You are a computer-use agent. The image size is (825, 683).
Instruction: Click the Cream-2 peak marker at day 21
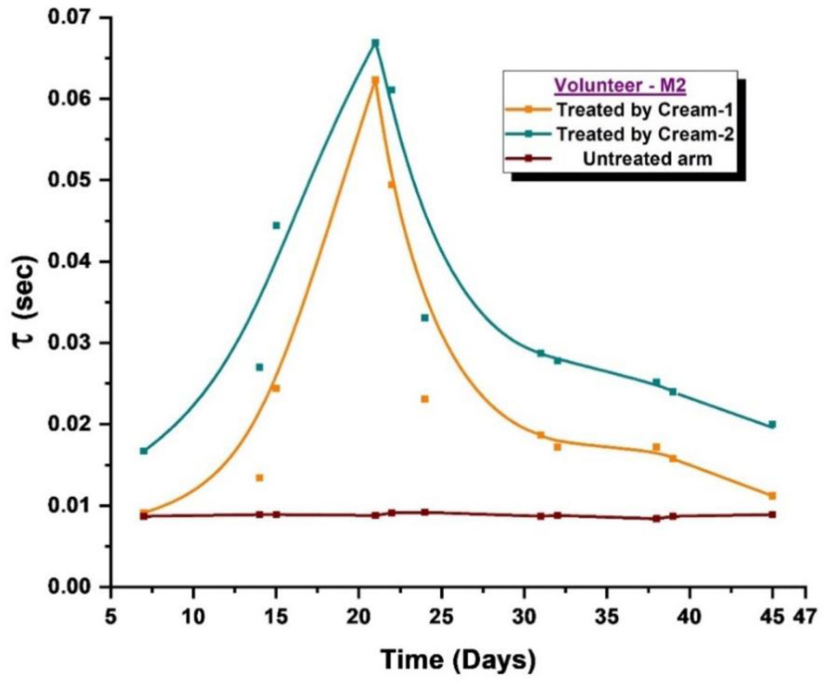[x=375, y=43]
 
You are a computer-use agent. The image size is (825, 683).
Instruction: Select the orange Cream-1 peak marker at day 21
[x=375, y=81]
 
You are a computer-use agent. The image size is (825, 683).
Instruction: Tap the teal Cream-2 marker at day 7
[x=143, y=451]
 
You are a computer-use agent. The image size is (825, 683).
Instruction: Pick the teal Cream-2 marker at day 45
[x=772, y=424]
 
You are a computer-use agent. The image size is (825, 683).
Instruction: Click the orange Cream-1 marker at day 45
[x=772, y=496]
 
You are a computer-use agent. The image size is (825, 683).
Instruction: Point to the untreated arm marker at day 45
[x=772, y=514]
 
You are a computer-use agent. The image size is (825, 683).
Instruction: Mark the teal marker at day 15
[x=276, y=225]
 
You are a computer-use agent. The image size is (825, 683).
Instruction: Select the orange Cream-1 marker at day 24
[x=424, y=399]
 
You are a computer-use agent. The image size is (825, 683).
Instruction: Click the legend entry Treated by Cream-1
[x=644, y=109]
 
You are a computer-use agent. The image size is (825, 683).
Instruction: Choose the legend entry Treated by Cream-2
[x=644, y=134]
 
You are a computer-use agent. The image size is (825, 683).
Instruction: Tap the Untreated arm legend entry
[x=647, y=158]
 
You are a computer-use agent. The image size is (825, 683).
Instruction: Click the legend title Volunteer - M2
[x=620, y=86]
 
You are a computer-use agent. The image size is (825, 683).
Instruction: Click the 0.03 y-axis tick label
[x=70, y=343]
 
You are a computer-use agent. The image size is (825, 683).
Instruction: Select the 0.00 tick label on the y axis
[x=70, y=587]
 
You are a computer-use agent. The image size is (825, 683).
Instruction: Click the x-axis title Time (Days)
[x=458, y=660]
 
